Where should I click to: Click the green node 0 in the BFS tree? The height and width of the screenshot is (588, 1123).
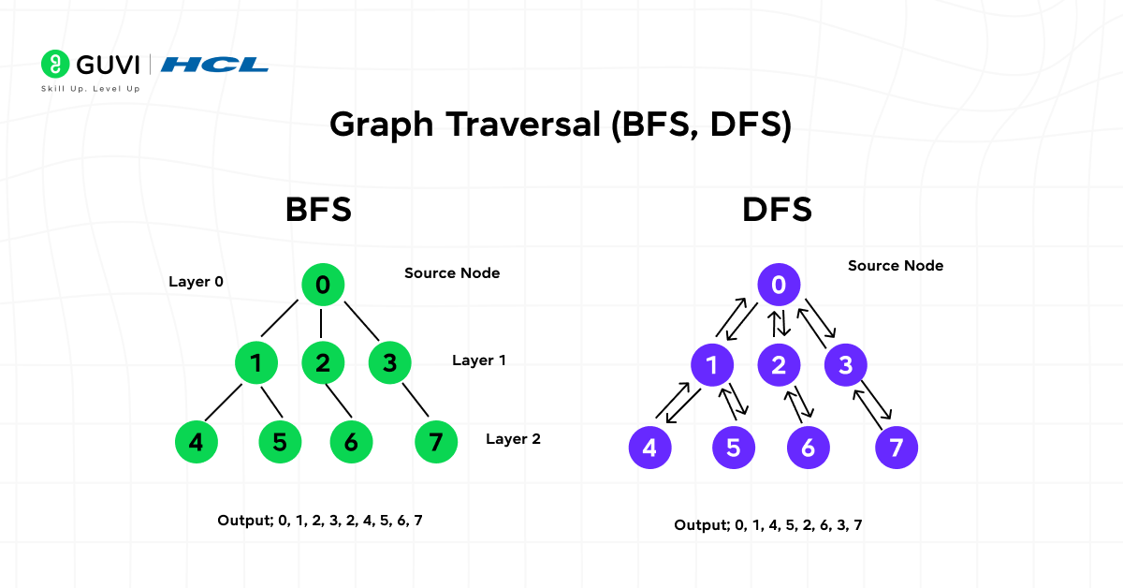[323, 285]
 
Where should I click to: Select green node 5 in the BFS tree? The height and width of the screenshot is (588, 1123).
[280, 441]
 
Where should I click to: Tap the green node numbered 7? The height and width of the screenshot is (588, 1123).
[435, 441]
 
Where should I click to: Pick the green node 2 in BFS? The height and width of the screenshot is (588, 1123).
[323, 362]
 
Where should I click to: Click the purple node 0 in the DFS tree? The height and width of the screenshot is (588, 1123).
[779, 285]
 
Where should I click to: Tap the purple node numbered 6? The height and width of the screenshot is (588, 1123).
[808, 448]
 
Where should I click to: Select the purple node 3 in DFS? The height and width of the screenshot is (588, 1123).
[846, 365]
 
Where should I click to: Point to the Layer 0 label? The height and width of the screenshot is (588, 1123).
[196, 281]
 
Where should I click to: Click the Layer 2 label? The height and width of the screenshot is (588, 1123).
[513, 438]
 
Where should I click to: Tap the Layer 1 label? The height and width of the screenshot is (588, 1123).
[479, 360]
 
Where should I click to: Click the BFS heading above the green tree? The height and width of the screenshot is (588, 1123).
[318, 209]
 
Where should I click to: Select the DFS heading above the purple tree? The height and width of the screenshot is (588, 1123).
[777, 209]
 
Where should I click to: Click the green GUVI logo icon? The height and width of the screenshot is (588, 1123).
[55, 64]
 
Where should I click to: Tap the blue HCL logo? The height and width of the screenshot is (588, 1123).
[214, 65]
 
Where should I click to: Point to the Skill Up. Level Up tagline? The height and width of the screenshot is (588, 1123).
[91, 89]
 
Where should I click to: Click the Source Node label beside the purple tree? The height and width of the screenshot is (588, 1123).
[896, 266]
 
